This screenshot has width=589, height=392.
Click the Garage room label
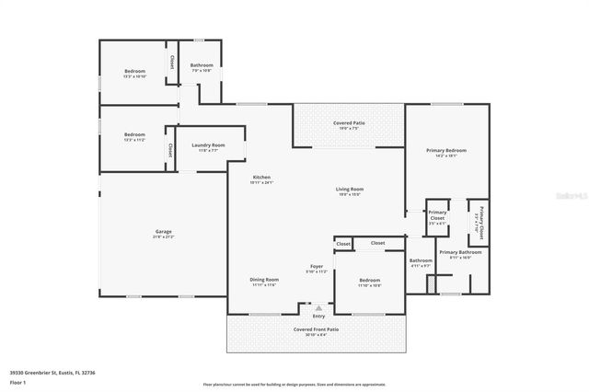pyautogui.click(x=163, y=231)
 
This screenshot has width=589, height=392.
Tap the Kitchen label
pyautogui.click(x=261, y=177)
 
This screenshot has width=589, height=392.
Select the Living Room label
pyautogui.click(x=348, y=189)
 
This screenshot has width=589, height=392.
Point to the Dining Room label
pyautogui.click(x=263, y=280)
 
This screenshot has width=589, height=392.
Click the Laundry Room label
pyautogui.click(x=208, y=144)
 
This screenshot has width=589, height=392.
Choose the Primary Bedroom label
pyautogui.click(x=445, y=150)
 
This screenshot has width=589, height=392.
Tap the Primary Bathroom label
pyautogui.click(x=460, y=252)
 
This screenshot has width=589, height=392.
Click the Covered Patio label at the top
pyautogui.click(x=348, y=122)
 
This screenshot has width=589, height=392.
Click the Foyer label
pyautogui.click(x=316, y=267)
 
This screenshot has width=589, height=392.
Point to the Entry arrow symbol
pyautogui.click(x=318, y=308)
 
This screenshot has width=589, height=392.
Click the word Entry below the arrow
pyautogui.click(x=318, y=317)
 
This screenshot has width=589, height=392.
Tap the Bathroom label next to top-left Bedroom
pyautogui.click(x=202, y=65)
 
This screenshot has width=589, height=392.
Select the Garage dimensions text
pyautogui.click(x=163, y=236)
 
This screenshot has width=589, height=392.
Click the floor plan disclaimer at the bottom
pyautogui.click(x=294, y=384)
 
